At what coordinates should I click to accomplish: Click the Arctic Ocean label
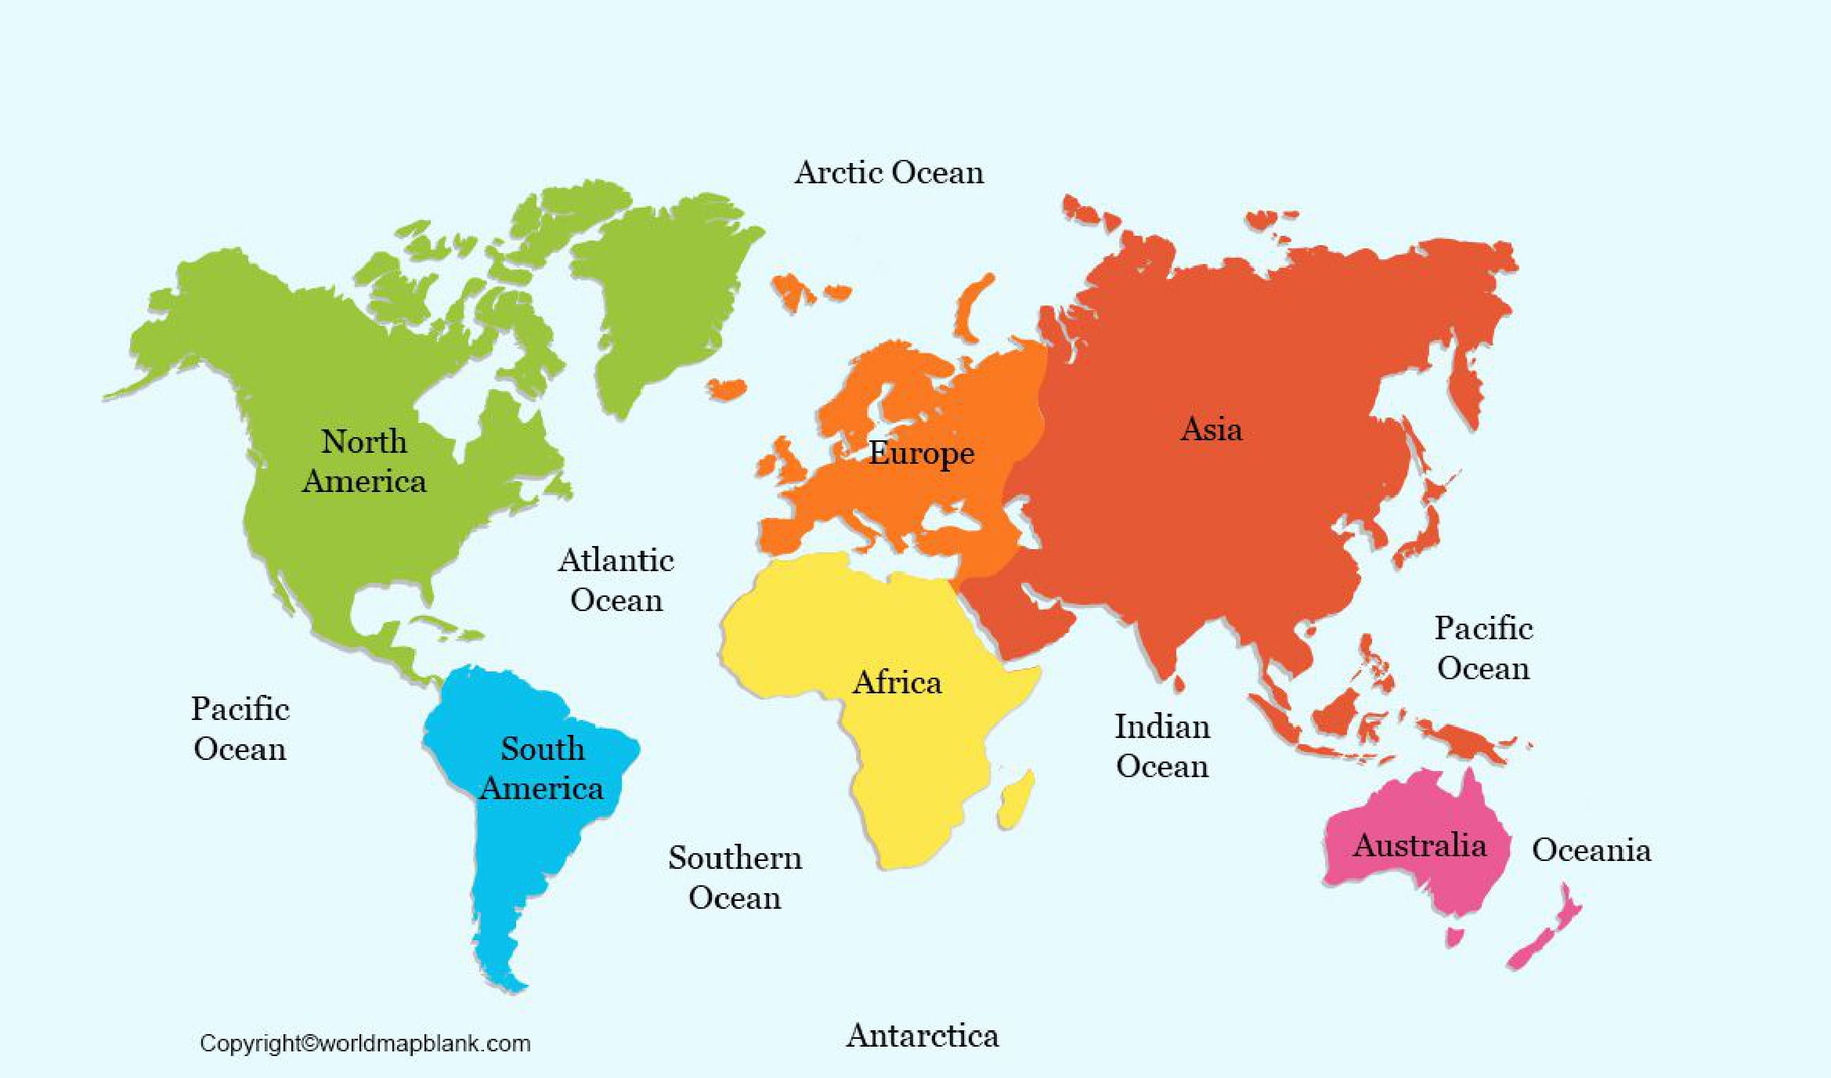tap(889, 172)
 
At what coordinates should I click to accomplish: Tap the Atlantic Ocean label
tap(616, 580)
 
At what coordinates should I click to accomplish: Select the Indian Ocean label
tap(1162, 746)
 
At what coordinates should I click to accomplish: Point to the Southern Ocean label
tap(735, 877)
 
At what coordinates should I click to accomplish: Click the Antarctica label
tap(923, 1036)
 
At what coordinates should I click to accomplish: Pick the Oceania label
tap(1591, 850)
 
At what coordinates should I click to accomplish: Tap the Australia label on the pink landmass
tap(1419, 845)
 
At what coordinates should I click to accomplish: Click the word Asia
tap(1211, 429)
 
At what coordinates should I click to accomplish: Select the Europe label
tap(921, 453)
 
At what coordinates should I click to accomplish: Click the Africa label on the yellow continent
tap(897, 682)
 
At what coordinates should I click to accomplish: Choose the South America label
tap(542, 768)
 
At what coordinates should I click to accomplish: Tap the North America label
tap(364, 461)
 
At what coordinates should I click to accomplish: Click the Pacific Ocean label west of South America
tap(240, 729)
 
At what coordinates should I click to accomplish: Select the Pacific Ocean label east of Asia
tap(1483, 648)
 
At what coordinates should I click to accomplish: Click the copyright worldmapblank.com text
tap(365, 1044)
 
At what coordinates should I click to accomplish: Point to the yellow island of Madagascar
tap(1017, 799)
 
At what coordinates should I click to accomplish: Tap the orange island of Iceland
tap(727, 389)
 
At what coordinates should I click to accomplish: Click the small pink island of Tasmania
tap(1455, 936)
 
